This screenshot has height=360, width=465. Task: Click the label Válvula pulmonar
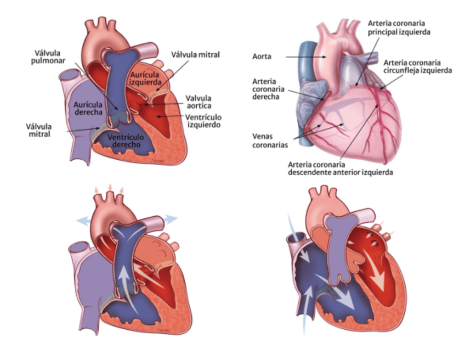coord(47,56)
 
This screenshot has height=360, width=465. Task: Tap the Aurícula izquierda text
coord(146,78)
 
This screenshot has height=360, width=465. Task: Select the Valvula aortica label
coord(198,102)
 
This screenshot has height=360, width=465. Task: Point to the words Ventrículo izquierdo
coord(203,121)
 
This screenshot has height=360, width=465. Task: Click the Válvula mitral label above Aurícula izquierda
coord(195,55)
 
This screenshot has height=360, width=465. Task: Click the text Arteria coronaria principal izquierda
coord(399,28)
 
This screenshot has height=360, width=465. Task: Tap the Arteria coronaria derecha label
coord(266,89)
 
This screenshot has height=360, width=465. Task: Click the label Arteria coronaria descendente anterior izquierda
coord(341,167)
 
